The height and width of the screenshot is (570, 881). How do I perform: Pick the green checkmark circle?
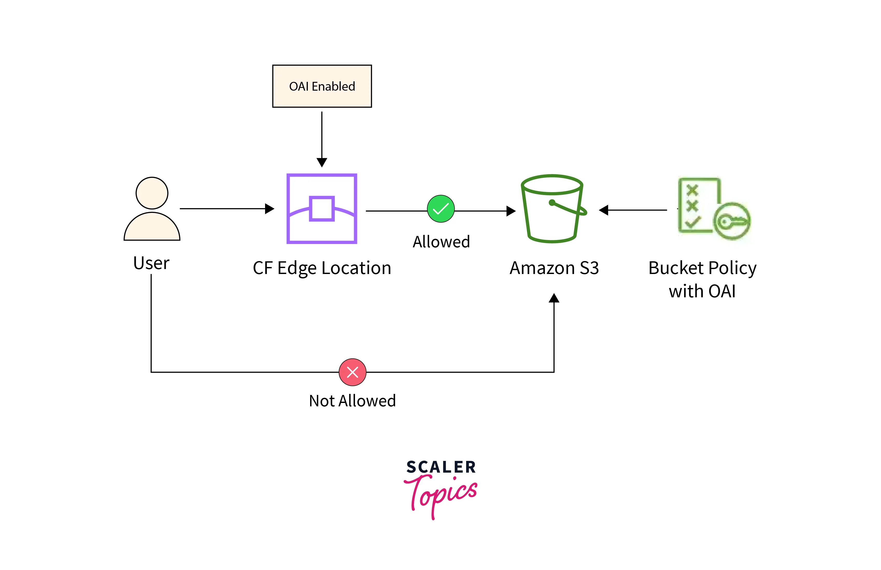440,209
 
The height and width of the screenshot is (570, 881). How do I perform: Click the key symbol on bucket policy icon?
731,221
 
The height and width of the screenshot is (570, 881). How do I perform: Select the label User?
151,263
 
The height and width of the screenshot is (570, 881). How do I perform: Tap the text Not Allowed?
352,401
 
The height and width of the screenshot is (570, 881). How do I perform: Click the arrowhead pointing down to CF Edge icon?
322,162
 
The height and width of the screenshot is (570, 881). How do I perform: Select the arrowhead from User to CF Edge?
269,209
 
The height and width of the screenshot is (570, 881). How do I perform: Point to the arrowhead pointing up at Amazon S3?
554,298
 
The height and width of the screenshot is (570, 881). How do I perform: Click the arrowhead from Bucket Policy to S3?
603,210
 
